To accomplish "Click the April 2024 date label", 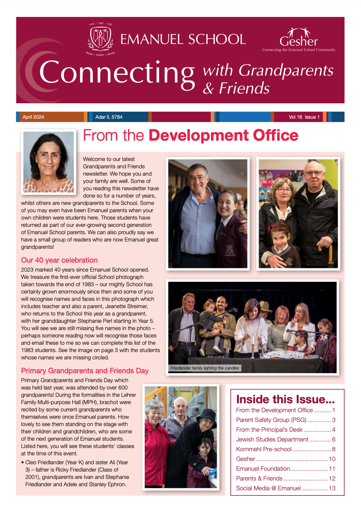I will (33, 117).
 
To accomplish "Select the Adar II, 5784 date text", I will (109, 117).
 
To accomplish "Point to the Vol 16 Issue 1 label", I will (304, 117).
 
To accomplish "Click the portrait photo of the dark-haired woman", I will (49, 161).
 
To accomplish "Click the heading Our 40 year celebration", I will (59, 260).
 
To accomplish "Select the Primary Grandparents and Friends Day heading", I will (85, 371).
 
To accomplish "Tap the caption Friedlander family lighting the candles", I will (205, 368).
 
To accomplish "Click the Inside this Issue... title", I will (285, 398).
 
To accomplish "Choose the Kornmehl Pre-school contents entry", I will (264, 449).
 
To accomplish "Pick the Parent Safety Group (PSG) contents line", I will (271, 420).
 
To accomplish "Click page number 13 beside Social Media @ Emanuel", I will (332, 488).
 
